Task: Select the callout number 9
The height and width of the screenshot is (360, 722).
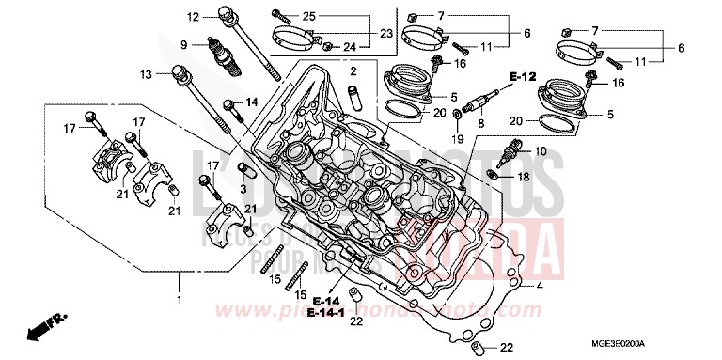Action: (186, 44)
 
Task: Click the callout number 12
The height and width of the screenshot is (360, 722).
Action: (193, 17)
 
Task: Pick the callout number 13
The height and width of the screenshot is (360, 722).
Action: (146, 73)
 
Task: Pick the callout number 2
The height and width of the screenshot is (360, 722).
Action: (353, 71)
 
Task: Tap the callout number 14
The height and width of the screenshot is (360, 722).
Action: (251, 102)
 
